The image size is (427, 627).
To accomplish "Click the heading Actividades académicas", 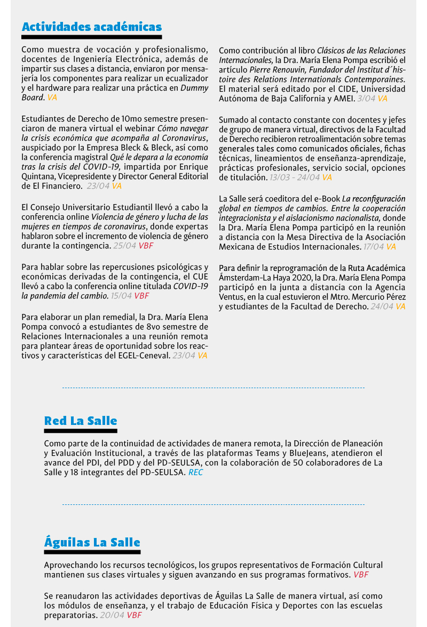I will [x=91, y=27].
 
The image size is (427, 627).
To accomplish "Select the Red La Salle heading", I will [x=81, y=421].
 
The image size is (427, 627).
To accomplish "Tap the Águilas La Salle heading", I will [x=92, y=543].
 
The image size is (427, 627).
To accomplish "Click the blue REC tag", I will [x=196, y=472].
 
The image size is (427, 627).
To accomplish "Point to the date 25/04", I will [x=124, y=246].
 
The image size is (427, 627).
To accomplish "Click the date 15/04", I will [x=121, y=295].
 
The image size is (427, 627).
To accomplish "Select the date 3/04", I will [x=366, y=98].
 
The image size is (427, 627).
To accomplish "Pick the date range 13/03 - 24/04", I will [x=295, y=177].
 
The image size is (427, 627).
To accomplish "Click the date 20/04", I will [x=112, y=615].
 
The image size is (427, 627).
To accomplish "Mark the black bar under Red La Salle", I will [x=81, y=431].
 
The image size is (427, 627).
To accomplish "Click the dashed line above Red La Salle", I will [x=213, y=388].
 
